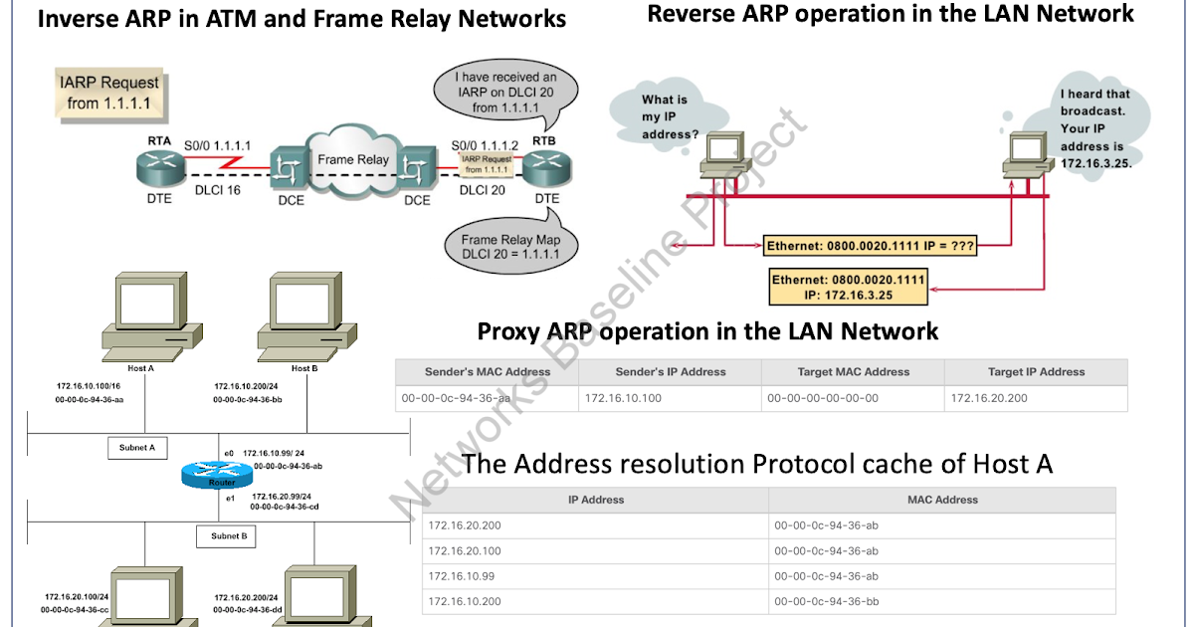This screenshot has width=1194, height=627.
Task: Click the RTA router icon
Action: [x=159, y=169]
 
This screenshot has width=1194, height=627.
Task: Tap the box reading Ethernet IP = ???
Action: [x=870, y=245]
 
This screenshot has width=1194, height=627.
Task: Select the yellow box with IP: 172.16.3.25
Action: [x=849, y=288]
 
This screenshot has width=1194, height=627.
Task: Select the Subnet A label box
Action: [x=137, y=448]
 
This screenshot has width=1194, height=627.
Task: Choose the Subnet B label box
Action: [x=228, y=536]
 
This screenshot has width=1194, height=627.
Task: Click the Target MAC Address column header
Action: [x=853, y=372]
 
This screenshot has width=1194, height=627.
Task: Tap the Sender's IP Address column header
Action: [x=670, y=372]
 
